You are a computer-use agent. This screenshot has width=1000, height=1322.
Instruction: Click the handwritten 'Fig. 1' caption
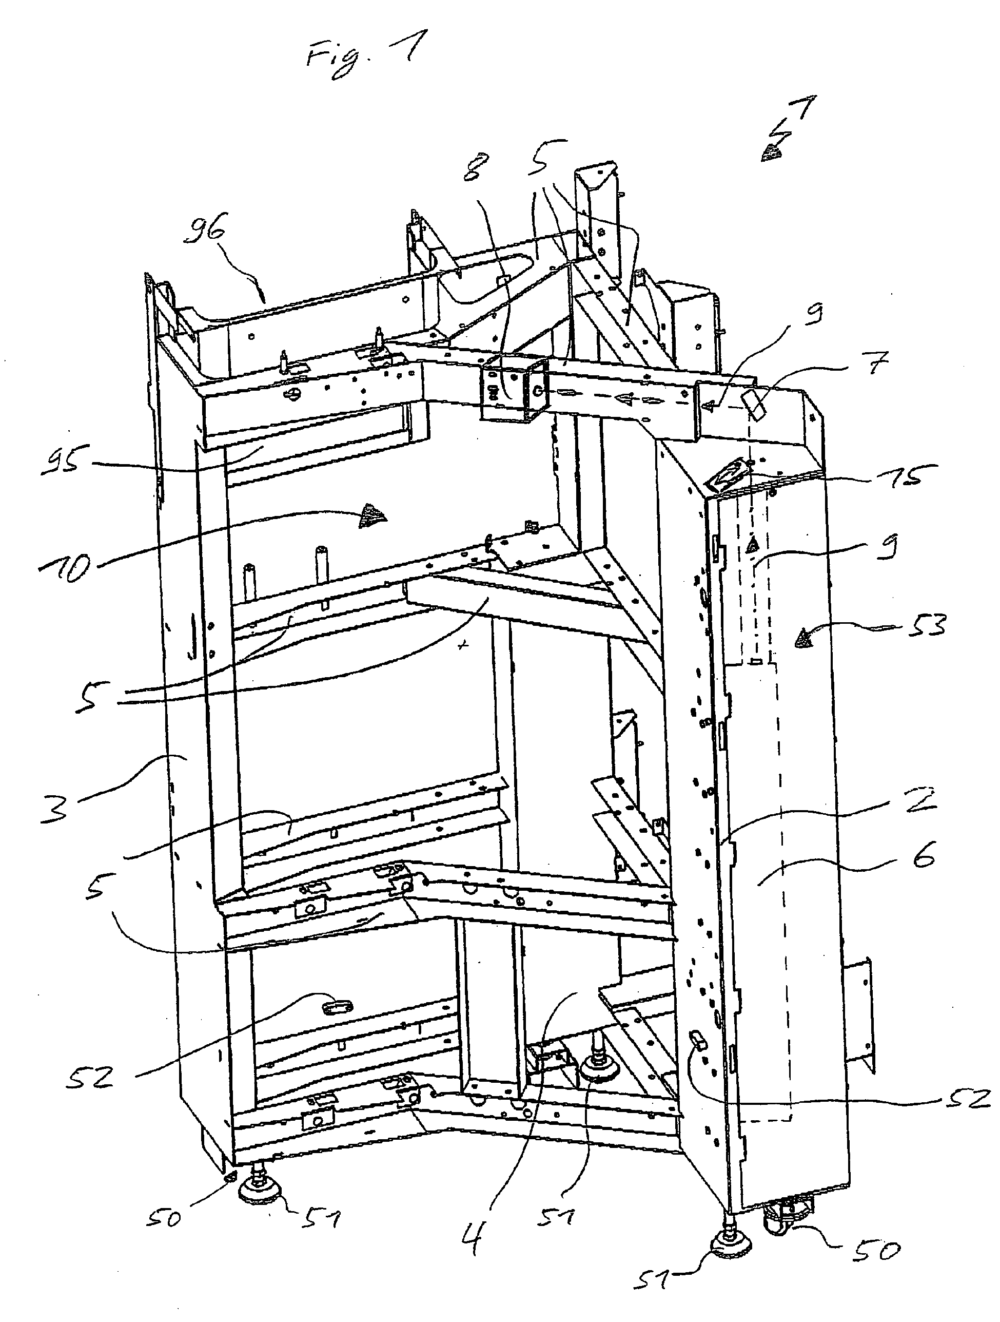pos(363,58)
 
